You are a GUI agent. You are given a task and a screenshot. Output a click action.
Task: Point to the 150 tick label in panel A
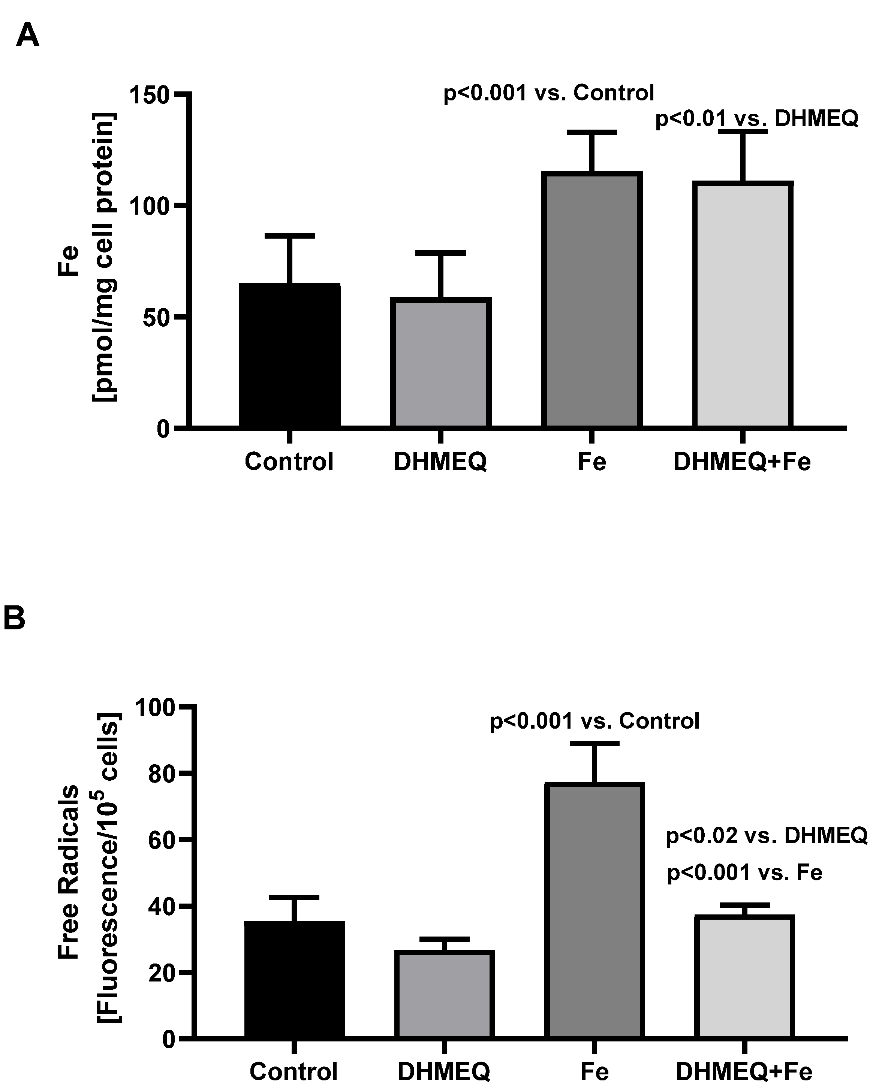[x=149, y=95]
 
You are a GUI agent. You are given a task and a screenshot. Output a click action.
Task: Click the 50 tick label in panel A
[x=156, y=317]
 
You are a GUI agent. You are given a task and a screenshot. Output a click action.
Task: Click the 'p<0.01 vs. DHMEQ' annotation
[x=756, y=119]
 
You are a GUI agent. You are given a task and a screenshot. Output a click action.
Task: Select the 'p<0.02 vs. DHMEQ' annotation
[x=767, y=836]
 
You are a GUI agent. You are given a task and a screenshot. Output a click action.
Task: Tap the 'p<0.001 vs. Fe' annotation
[x=744, y=873]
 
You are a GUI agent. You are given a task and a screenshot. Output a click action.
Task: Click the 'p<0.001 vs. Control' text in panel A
[x=548, y=93]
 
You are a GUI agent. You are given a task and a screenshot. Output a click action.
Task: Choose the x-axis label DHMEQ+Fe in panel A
[x=742, y=462]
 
